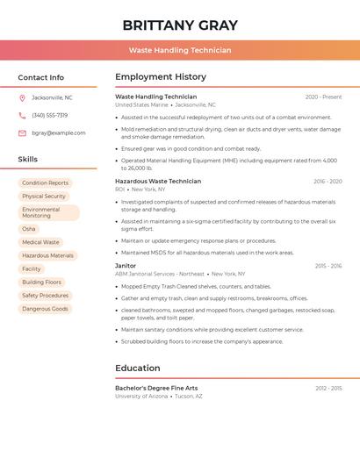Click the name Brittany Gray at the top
(180, 25)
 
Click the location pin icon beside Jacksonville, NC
(22, 97)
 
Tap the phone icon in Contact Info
(22, 115)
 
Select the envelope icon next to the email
(22, 133)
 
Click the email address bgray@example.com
(59, 133)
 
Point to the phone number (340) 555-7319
(50, 115)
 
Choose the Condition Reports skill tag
(46, 183)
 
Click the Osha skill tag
(29, 229)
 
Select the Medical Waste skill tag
(41, 242)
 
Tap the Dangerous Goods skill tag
(45, 309)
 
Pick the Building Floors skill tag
(42, 283)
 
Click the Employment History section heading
(161, 77)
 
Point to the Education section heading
(138, 368)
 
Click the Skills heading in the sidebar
(28, 160)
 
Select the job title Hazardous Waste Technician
(158, 181)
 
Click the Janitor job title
(126, 265)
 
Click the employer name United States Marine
(141, 104)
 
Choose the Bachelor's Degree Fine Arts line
(156, 388)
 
